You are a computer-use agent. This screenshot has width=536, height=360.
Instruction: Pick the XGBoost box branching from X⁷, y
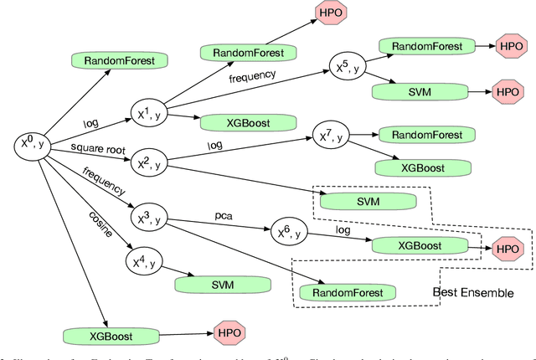(415, 167)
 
